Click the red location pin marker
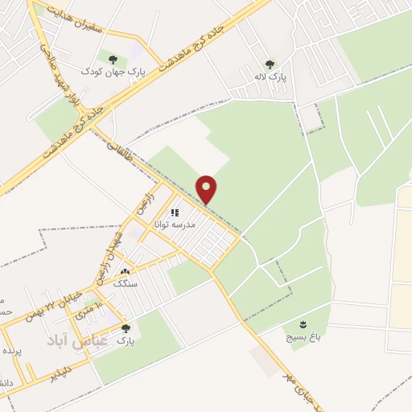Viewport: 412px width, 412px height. coord(207,189)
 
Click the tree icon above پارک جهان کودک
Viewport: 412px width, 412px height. coord(111,59)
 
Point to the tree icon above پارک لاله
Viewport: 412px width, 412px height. coord(269,64)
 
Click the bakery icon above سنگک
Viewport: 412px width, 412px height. coord(125,272)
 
